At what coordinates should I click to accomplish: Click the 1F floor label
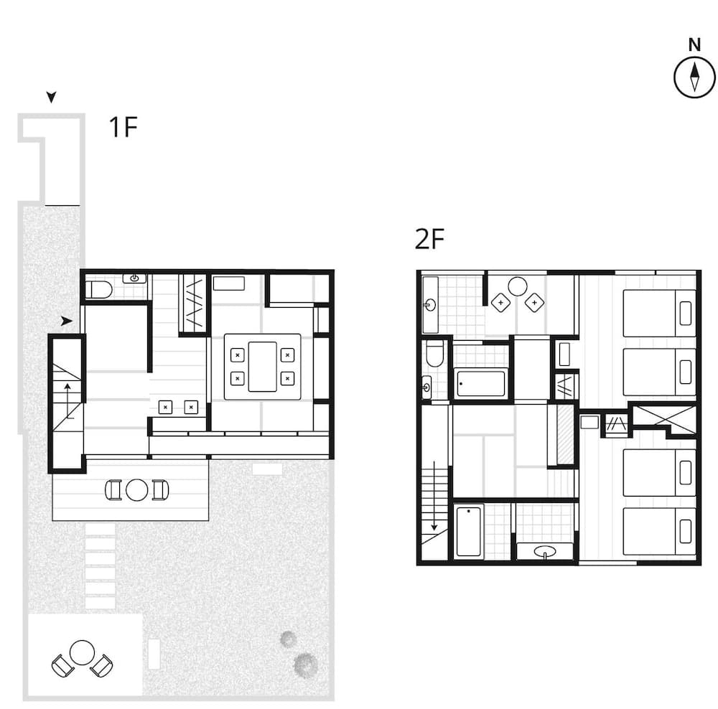tap(122, 127)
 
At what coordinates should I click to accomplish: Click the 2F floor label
tap(430, 240)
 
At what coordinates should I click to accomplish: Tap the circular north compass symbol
tap(694, 78)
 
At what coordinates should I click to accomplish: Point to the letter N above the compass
tap(694, 45)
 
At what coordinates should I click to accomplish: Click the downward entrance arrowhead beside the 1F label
tap(51, 97)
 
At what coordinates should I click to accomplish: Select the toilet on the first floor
tap(98, 290)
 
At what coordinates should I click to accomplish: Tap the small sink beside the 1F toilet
tap(134, 278)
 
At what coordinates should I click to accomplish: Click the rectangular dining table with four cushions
tap(262, 366)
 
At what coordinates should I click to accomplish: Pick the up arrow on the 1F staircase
tap(67, 399)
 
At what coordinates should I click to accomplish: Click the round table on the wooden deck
tap(136, 490)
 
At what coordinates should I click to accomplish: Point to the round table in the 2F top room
tap(518, 286)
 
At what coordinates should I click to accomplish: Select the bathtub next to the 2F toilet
tap(481, 382)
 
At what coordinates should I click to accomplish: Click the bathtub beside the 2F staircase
tap(470, 531)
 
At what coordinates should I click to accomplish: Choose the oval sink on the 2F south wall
tap(545, 552)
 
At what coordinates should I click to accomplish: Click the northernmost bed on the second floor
tap(659, 313)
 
